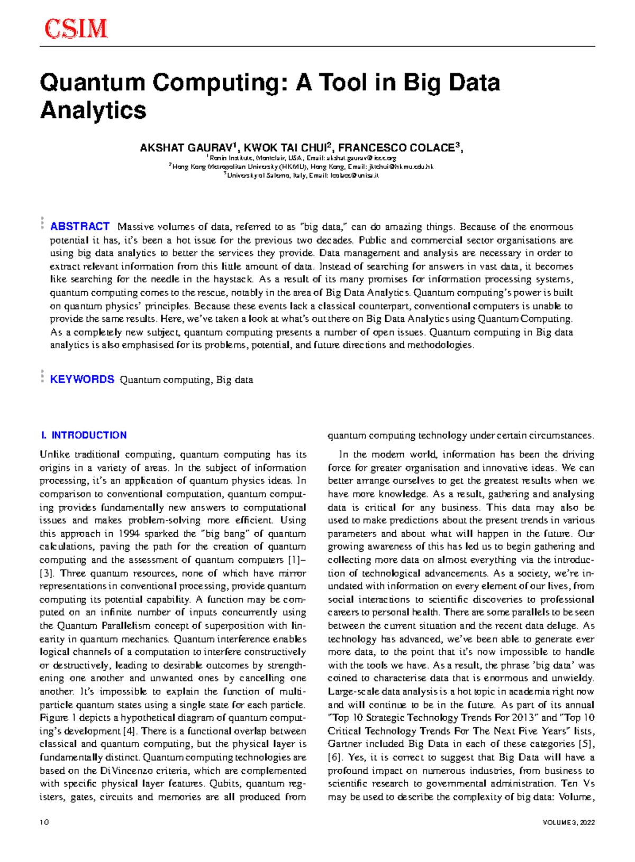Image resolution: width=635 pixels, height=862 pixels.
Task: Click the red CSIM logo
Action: [76, 29]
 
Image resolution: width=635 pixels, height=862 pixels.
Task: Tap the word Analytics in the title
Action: [93, 110]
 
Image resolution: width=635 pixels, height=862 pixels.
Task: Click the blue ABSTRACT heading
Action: [79, 226]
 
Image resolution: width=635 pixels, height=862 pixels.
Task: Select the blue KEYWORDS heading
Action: [82, 379]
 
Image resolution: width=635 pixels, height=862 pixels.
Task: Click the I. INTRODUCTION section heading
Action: [84, 435]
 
